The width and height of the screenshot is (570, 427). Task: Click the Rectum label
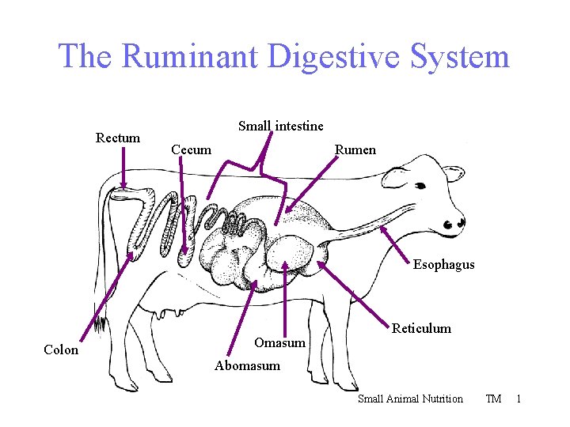click(x=118, y=138)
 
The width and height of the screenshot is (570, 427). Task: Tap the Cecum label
click(x=192, y=149)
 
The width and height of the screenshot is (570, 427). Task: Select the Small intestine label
click(x=280, y=126)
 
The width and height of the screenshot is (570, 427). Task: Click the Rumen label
click(x=355, y=149)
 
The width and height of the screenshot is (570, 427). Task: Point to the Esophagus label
click(x=443, y=264)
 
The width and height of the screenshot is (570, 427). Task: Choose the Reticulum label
click(x=421, y=328)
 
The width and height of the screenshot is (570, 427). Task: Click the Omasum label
click(x=279, y=342)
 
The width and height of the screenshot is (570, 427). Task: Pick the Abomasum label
click(x=247, y=365)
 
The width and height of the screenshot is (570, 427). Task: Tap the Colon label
click(x=61, y=350)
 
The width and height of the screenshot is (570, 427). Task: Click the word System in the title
click(x=460, y=57)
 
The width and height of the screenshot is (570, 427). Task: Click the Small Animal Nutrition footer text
click(x=410, y=399)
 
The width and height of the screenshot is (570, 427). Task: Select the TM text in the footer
click(x=493, y=399)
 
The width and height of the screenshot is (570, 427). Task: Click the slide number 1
click(x=519, y=399)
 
